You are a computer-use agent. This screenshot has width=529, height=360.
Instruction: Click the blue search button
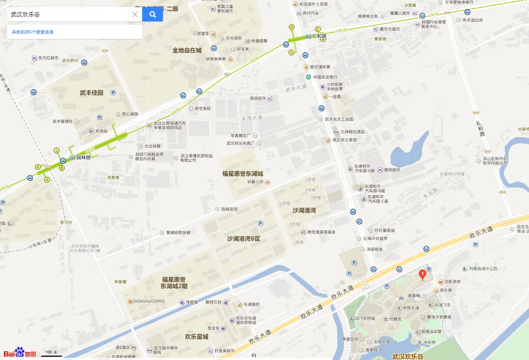[x=153, y=14]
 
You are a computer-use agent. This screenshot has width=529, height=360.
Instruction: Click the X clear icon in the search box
[x=135, y=14]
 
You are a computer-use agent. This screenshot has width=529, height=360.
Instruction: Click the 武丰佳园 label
[x=92, y=93]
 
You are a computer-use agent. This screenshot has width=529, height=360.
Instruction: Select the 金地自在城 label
[x=187, y=50]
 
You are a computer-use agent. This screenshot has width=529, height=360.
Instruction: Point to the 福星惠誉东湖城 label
[x=242, y=174]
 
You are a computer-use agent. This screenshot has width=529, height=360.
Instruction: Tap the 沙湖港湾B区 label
[x=244, y=239]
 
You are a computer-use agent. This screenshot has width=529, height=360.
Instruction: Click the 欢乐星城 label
[x=196, y=336]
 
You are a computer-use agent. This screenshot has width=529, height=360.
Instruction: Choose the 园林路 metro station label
[x=83, y=157]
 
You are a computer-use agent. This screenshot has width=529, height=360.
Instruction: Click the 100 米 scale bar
[x=52, y=353]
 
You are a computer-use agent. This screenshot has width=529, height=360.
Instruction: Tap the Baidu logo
[x=20, y=353]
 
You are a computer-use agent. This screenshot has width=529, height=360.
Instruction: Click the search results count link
[x=33, y=32]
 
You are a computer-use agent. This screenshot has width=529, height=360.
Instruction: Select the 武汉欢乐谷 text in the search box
[x=25, y=14]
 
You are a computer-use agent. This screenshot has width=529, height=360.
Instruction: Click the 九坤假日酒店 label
[x=352, y=132]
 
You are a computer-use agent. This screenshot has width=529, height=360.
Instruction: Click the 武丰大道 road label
[x=296, y=89]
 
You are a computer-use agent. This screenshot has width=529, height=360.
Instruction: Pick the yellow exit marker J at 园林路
[x=56, y=150]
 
